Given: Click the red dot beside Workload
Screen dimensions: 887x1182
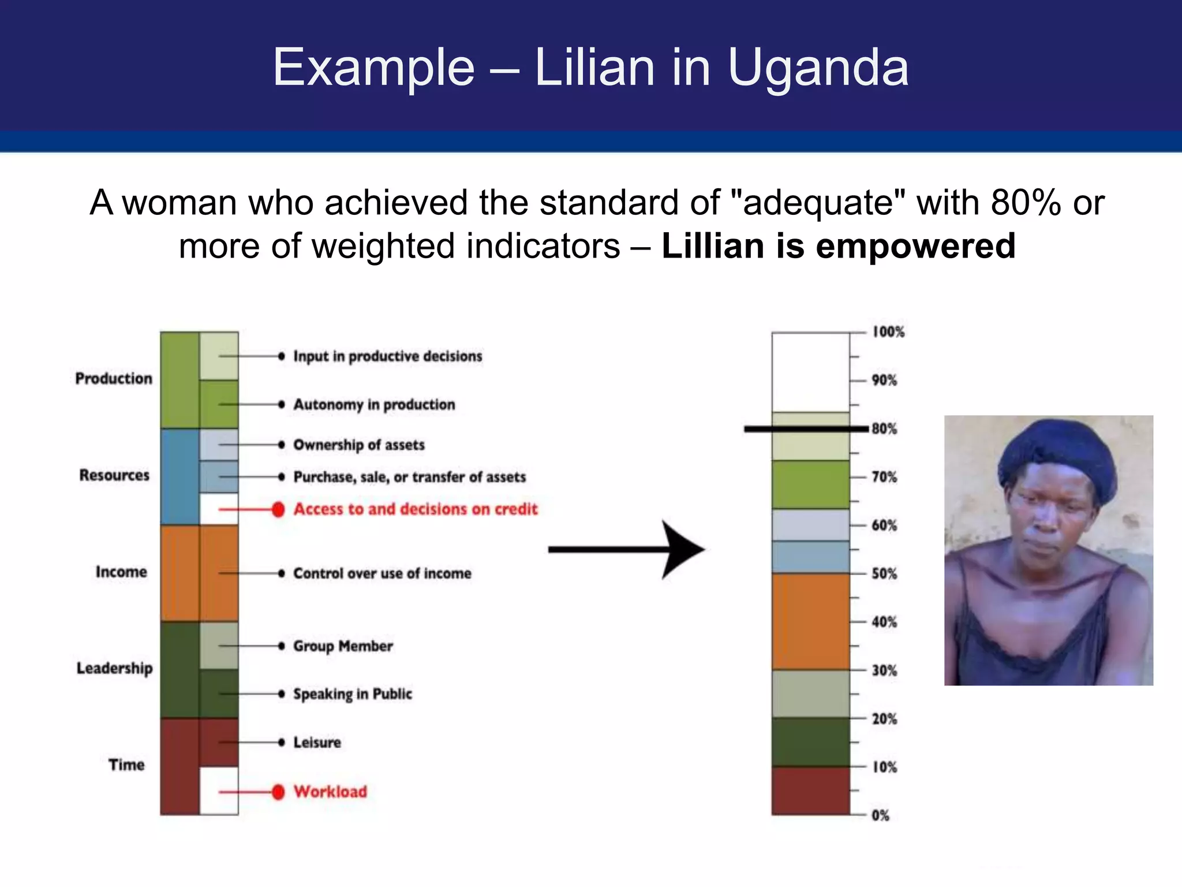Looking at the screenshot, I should click(278, 792).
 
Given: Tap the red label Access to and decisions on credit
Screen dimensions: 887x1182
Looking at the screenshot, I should click(415, 509).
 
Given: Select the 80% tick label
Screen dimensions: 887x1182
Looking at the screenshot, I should click(884, 428).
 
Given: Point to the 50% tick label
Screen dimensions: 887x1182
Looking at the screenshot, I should click(884, 573).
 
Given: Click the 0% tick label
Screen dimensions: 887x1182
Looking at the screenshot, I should click(880, 815).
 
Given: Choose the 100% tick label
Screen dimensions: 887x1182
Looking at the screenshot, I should click(888, 331).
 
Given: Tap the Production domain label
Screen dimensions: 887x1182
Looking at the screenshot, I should click(114, 378).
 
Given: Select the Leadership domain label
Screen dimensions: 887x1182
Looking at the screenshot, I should click(114, 668).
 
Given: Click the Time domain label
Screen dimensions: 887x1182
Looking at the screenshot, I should click(126, 765).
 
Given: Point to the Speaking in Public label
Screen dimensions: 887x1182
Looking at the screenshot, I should click(353, 694).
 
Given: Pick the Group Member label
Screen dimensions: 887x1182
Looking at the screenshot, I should click(343, 646).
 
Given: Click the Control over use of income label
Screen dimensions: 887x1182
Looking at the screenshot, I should click(382, 573).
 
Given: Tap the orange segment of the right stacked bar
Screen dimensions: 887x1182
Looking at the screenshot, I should click(810, 621).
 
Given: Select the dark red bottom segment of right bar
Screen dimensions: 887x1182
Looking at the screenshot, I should click(810, 791).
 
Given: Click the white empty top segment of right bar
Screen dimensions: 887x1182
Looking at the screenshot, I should click(810, 372).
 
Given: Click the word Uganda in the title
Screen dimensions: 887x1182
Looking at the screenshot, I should click(818, 68).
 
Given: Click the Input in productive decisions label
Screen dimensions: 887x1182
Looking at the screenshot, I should click(387, 356).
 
